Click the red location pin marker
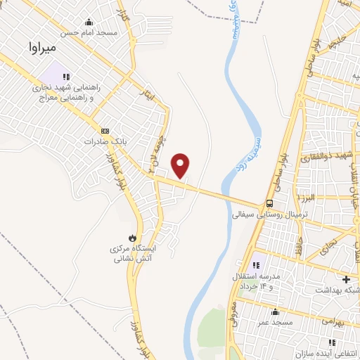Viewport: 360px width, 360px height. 181,165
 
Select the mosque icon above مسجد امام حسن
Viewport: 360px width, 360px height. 88,22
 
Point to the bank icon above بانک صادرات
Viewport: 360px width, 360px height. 105,131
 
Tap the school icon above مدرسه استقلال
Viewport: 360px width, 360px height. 255,264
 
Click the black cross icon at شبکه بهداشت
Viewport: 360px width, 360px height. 345,279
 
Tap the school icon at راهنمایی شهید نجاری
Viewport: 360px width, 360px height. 67,77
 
